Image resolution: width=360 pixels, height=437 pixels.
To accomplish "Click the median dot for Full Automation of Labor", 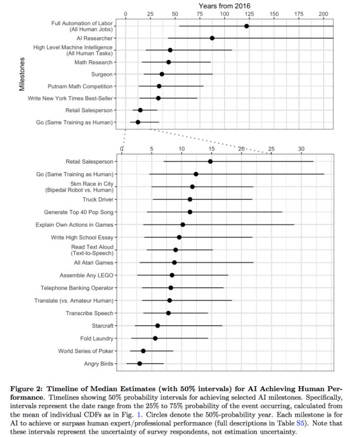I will click(x=246, y=26).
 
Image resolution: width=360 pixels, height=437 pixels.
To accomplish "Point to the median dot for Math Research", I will click(x=168, y=62).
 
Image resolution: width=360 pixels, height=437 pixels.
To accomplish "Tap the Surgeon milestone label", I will click(x=102, y=74).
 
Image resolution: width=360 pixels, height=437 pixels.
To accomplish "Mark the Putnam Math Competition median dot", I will click(x=159, y=86).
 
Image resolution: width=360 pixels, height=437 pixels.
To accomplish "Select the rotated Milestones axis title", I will click(x=22, y=74).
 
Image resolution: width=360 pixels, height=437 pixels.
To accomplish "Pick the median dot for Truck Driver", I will click(x=190, y=199).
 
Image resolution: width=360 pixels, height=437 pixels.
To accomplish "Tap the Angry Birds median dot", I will click(x=139, y=364).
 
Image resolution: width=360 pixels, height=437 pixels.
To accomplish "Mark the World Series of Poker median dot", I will click(x=143, y=351).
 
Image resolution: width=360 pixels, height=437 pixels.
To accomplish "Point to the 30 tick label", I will click(x=301, y=148).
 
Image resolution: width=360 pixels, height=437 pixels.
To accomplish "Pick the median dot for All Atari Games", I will click(x=174, y=262).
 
